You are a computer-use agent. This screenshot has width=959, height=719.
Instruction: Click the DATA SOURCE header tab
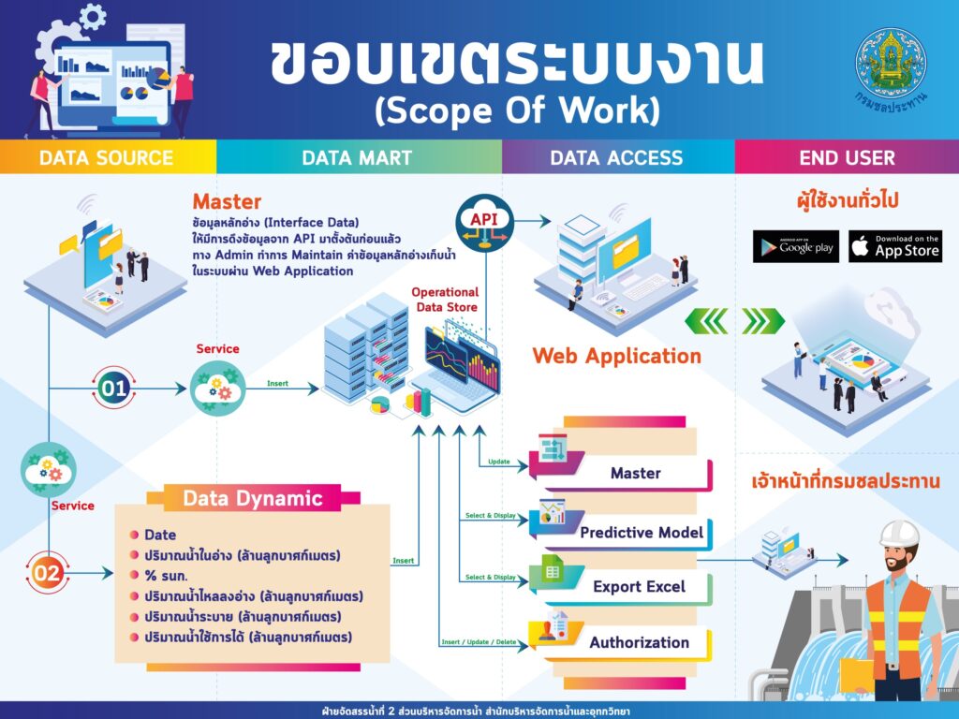106,157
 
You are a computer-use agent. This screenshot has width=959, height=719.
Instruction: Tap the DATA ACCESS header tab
616,157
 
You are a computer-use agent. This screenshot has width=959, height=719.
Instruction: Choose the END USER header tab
847,157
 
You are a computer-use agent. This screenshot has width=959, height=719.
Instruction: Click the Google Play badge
795,246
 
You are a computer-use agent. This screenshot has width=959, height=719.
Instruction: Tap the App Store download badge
895,246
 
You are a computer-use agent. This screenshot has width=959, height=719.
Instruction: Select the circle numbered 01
112,386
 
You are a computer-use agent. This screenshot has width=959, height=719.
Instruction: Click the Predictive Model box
641,532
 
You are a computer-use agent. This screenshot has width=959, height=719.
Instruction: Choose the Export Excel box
639,587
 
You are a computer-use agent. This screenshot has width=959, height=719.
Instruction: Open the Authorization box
639,642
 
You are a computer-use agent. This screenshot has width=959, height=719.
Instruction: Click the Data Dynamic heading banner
252,498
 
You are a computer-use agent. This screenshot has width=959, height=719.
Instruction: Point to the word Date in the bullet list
160,535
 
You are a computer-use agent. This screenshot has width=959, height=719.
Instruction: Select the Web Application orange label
616,356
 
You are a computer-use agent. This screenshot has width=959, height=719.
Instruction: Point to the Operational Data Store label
445,300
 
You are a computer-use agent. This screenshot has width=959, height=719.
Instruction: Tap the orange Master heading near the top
227,201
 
